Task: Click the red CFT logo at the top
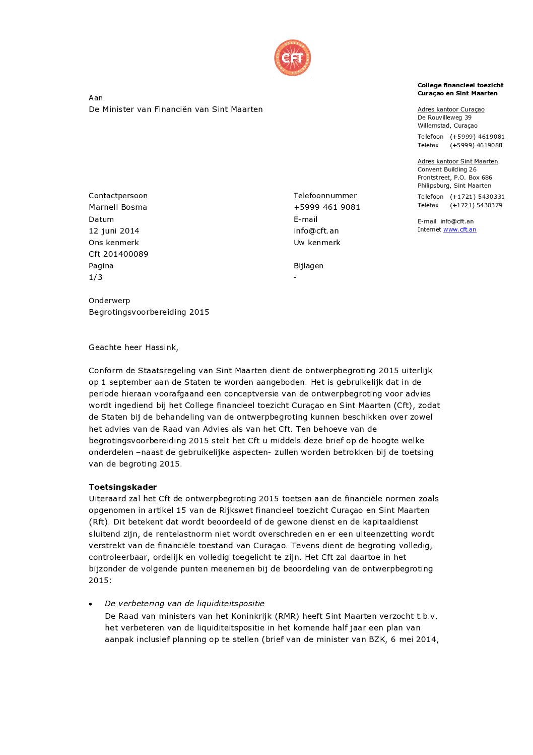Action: click(292, 58)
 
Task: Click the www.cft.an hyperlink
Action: click(459, 229)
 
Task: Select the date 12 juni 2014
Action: click(114, 231)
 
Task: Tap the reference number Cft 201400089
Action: click(118, 254)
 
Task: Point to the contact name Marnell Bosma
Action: click(118, 207)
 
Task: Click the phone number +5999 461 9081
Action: click(327, 207)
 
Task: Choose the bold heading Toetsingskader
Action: click(122, 487)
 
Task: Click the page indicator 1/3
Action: click(96, 277)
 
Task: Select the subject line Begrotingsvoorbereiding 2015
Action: click(149, 312)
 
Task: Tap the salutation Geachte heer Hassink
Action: click(133, 347)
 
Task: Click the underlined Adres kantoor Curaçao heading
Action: click(451, 109)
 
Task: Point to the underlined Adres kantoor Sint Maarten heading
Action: click(457, 161)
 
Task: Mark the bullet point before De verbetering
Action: click(91, 604)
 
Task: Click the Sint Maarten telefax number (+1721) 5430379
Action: click(476, 205)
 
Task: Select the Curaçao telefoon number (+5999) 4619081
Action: click(477, 137)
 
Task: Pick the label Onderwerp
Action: click(109, 301)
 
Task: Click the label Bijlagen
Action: click(308, 266)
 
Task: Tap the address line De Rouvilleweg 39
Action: click(444, 118)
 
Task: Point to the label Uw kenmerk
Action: click(317, 243)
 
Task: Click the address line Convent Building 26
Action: click(447, 169)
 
